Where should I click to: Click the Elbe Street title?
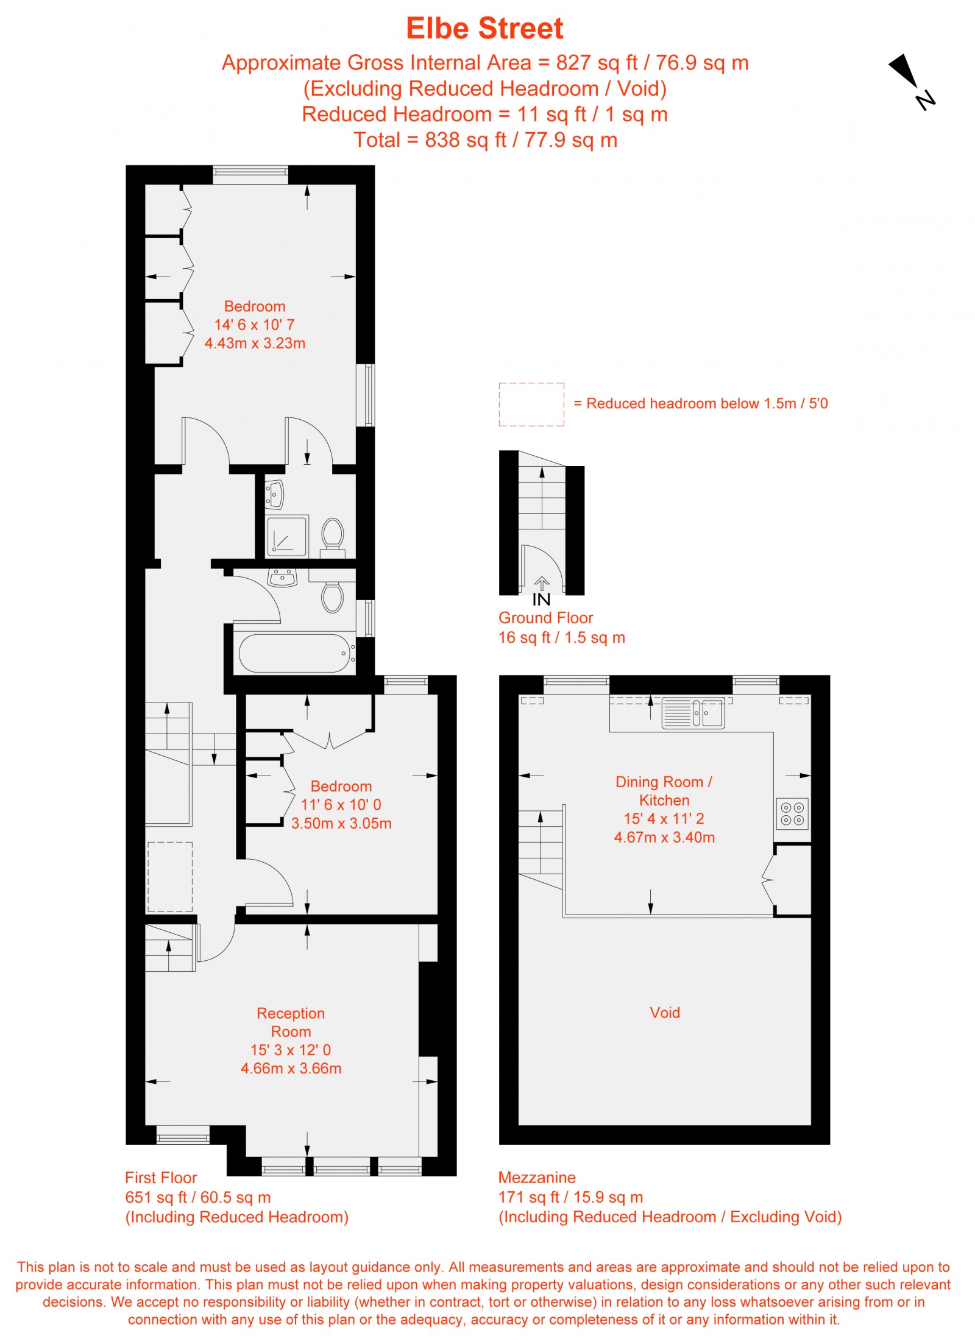tap(484, 29)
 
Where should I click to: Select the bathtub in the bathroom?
tap(295, 653)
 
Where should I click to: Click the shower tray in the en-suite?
tap(286, 536)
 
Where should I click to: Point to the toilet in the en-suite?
tap(333, 534)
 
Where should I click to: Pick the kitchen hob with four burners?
tap(792, 813)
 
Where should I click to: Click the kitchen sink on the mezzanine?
tap(693, 713)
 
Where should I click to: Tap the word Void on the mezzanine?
tap(664, 1013)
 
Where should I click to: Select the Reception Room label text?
tap(291, 1022)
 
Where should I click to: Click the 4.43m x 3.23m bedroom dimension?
tap(255, 343)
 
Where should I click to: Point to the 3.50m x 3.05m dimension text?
tap(341, 823)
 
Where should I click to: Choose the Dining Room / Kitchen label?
tap(664, 791)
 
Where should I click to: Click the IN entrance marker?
tap(541, 600)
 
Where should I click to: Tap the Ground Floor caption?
tap(545, 618)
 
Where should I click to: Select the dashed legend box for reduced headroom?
tap(531, 405)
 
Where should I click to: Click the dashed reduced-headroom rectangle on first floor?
tap(170, 877)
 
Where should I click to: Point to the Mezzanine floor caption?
tap(537, 1177)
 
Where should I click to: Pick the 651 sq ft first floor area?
tap(197, 1197)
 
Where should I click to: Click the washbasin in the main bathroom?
tap(282, 577)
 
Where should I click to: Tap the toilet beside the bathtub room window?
tap(333, 597)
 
